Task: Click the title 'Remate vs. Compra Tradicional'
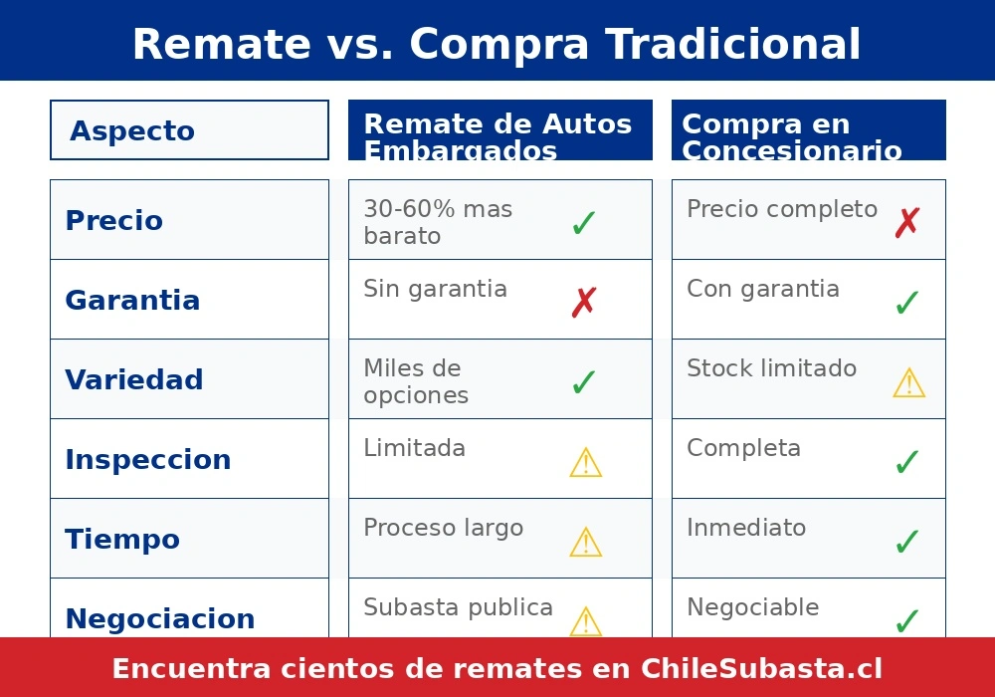click(497, 44)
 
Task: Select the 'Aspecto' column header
click(132, 130)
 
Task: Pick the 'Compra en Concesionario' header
click(791, 136)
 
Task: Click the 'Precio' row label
click(113, 220)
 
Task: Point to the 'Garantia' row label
click(132, 300)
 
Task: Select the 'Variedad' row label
click(133, 379)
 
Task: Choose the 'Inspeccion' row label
click(147, 459)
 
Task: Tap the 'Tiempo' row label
click(122, 539)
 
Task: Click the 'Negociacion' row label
click(159, 618)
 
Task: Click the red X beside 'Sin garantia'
click(584, 303)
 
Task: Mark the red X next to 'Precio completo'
click(906, 223)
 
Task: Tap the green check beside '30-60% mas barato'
click(584, 223)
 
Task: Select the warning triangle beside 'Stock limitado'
click(908, 383)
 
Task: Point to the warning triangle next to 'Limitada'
click(585, 463)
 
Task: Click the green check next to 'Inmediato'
click(906, 542)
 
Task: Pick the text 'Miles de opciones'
click(416, 381)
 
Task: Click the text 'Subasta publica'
click(458, 607)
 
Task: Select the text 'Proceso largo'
click(443, 528)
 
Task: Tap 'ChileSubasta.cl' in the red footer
click(761, 668)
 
